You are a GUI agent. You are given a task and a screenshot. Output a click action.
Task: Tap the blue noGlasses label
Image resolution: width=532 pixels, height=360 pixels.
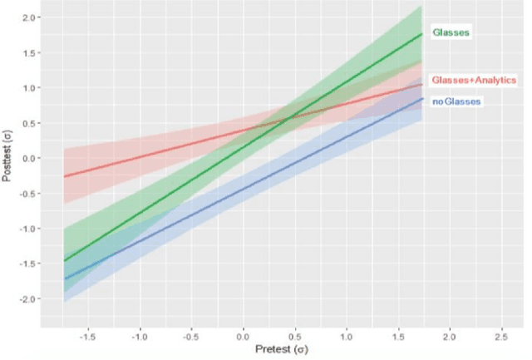(456, 101)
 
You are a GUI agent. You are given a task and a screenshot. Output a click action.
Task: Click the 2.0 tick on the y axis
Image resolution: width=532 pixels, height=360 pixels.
(29, 17)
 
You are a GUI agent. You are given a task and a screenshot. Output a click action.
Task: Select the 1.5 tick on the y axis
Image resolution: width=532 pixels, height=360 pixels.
(29, 52)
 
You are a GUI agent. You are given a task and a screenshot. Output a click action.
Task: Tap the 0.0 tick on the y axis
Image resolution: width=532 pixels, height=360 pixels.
(29, 158)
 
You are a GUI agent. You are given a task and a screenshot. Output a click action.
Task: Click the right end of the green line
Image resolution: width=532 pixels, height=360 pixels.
(422, 33)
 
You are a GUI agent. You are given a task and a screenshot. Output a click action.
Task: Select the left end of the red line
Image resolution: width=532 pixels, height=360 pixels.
(64, 176)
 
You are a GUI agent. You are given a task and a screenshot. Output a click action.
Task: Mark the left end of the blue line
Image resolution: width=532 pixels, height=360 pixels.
(64, 279)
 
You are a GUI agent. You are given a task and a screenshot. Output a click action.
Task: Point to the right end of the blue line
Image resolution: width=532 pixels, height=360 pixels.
(422, 99)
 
